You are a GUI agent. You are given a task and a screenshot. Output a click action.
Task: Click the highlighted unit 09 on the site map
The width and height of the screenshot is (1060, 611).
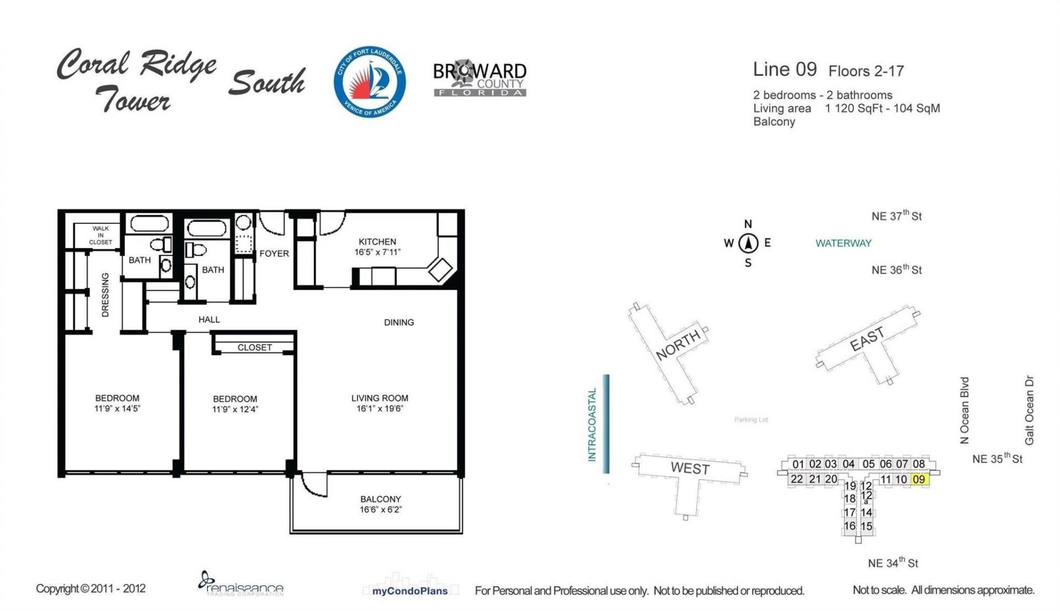pyautogui.click(x=919, y=480)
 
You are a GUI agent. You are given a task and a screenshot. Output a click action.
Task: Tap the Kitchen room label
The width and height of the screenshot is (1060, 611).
pyautogui.click(x=377, y=242)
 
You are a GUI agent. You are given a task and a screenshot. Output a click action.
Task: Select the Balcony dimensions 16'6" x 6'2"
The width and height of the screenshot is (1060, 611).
pyautogui.click(x=380, y=509)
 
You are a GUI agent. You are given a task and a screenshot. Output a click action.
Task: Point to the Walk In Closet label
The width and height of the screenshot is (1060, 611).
pyautogui.click(x=100, y=235)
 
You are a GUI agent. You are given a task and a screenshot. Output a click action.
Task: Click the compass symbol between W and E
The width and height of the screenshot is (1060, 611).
pyautogui.click(x=748, y=243)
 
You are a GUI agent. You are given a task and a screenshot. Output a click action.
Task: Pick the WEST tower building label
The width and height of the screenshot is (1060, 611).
pyautogui.click(x=690, y=469)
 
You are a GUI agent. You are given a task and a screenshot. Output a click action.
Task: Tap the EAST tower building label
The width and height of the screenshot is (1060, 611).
pyautogui.click(x=867, y=338)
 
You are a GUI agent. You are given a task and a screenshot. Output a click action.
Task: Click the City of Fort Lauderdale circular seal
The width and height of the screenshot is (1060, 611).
pyautogui.click(x=369, y=82)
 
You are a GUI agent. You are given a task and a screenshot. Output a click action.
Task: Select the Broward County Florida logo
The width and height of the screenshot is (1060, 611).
pyautogui.click(x=479, y=78)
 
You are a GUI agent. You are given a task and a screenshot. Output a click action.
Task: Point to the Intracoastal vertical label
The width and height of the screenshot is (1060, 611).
pyautogui.click(x=592, y=424)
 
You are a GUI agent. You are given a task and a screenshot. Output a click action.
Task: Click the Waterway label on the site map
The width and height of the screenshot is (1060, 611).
pyautogui.click(x=843, y=243)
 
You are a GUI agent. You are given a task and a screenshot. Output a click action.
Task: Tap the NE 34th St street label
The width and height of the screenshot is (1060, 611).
pyautogui.click(x=893, y=563)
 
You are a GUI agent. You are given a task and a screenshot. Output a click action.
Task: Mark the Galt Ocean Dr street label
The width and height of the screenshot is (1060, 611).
pyautogui.click(x=1029, y=410)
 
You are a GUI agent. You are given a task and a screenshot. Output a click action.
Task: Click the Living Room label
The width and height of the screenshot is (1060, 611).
pyautogui.click(x=380, y=398)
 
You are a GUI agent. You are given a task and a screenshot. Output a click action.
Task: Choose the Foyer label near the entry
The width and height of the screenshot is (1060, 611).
pyautogui.click(x=274, y=254)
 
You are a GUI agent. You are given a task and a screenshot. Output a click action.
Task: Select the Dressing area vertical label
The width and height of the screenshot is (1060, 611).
pyautogui.click(x=105, y=295)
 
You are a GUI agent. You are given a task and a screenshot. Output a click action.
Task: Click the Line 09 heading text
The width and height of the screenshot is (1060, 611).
pyautogui.click(x=785, y=70)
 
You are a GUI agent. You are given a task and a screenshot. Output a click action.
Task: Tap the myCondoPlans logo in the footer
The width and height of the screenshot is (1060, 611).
pyautogui.click(x=410, y=590)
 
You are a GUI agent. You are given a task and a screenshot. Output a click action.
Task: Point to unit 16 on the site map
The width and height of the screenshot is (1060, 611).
pyautogui.click(x=849, y=526)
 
